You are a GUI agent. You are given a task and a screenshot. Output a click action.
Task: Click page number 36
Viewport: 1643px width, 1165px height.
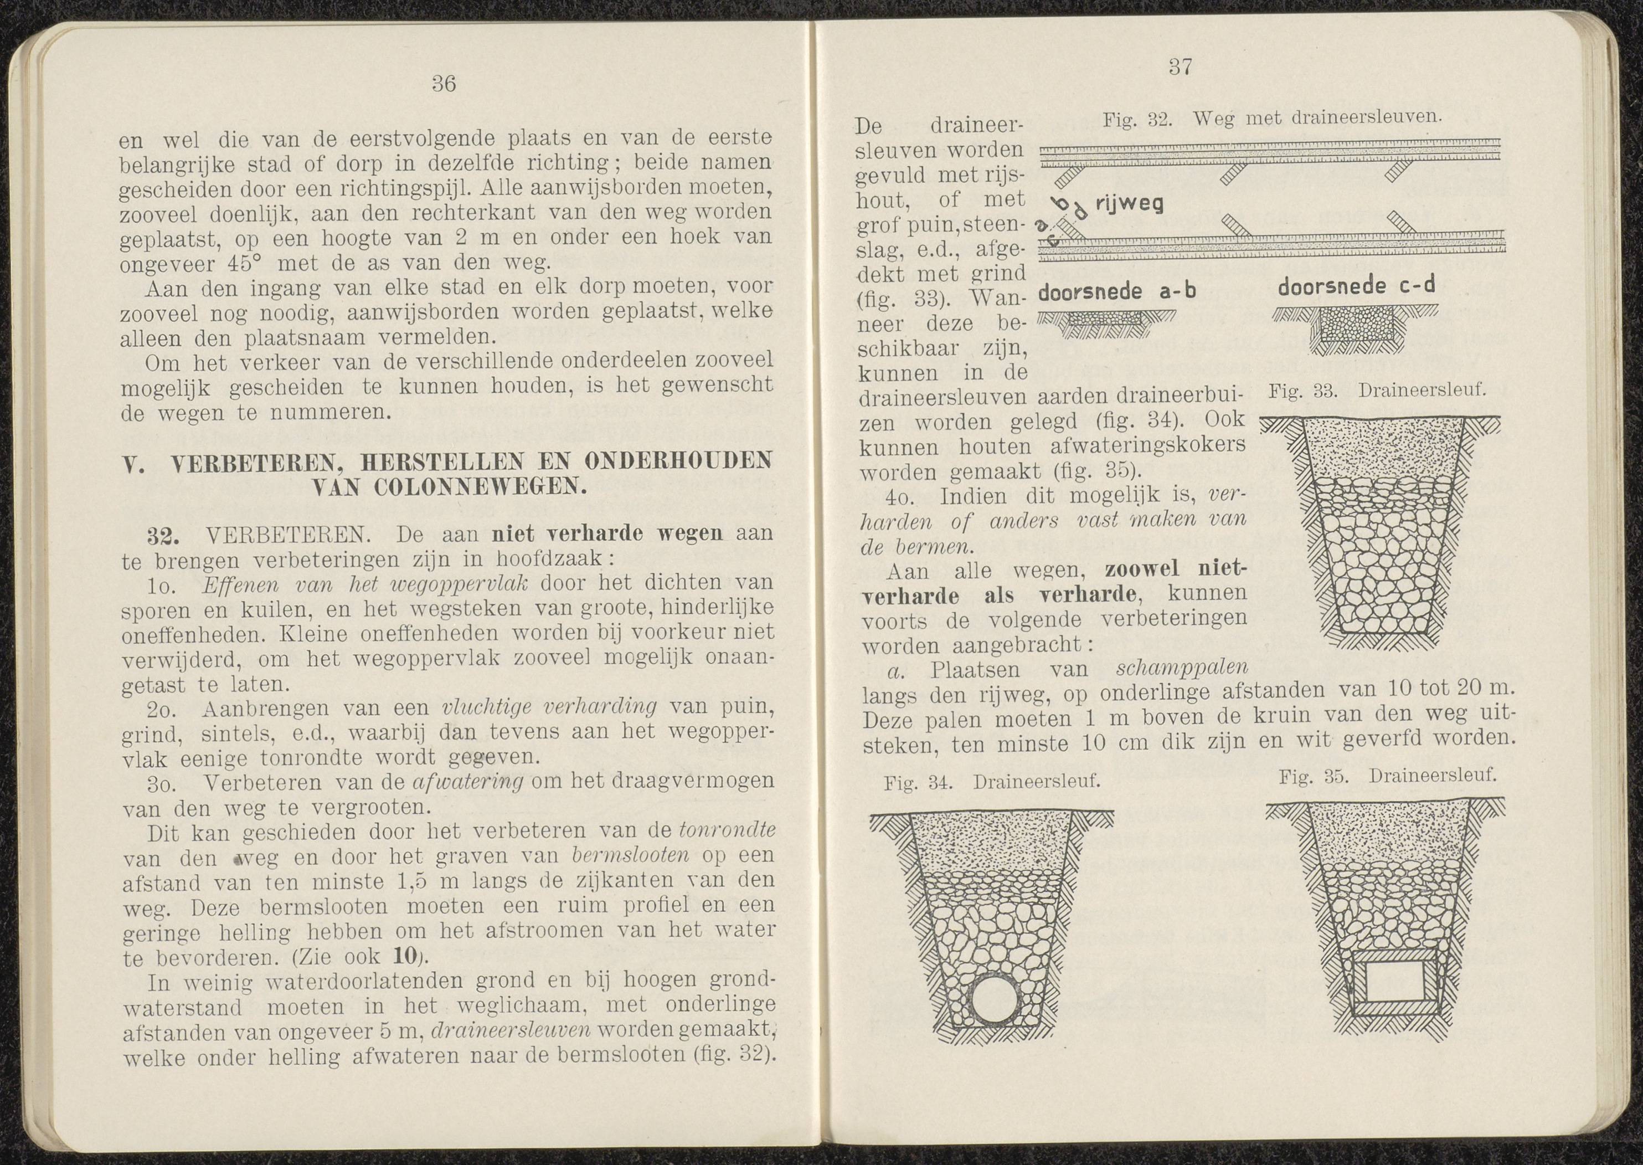pyautogui.click(x=444, y=84)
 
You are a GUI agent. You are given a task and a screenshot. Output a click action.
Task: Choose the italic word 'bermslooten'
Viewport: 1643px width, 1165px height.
pyautogui.click(x=632, y=856)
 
